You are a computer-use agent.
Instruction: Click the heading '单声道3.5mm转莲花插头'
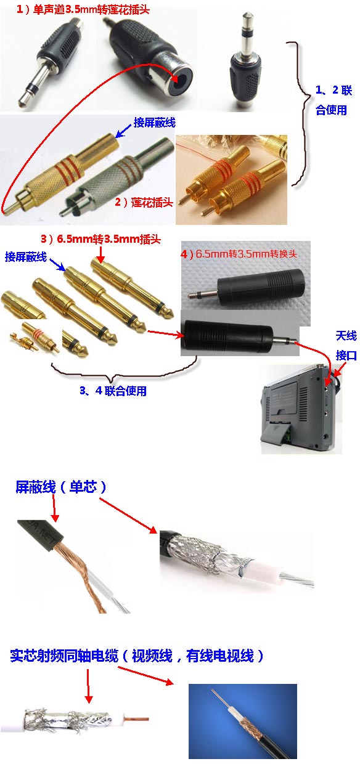(x=91, y=10)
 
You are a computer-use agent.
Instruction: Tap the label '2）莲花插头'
(x=144, y=202)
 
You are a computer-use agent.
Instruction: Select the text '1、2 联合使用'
(x=333, y=100)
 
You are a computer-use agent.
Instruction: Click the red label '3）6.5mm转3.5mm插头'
(x=100, y=239)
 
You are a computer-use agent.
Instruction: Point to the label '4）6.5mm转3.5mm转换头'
(x=239, y=254)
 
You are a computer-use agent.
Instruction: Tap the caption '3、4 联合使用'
(x=113, y=391)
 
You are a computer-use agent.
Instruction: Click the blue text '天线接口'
(x=346, y=346)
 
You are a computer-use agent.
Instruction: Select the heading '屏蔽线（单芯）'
(x=61, y=487)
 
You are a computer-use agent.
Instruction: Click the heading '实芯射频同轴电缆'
(x=64, y=656)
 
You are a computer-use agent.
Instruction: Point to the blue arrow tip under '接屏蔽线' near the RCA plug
(x=116, y=137)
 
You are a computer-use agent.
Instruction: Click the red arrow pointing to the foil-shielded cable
(x=128, y=515)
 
